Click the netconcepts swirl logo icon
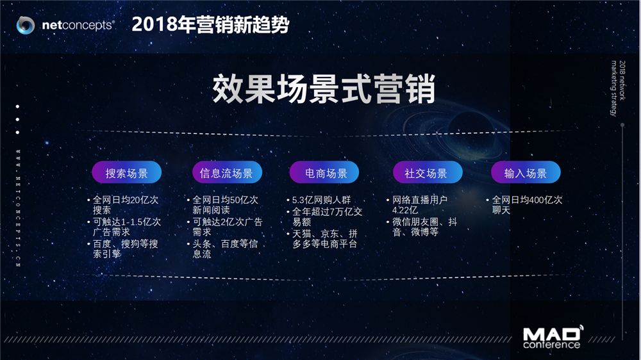tap(26, 26)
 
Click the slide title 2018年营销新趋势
tap(210, 24)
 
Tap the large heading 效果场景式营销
tap(324, 89)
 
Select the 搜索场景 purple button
tap(127, 172)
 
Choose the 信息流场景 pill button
tap(227, 172)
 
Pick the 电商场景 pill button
tap(324, 172)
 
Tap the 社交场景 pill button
tap(428, 172)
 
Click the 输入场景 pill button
tap(526, 172)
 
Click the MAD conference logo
tap(553, 337)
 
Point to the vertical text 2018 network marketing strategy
tap(618, 88)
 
